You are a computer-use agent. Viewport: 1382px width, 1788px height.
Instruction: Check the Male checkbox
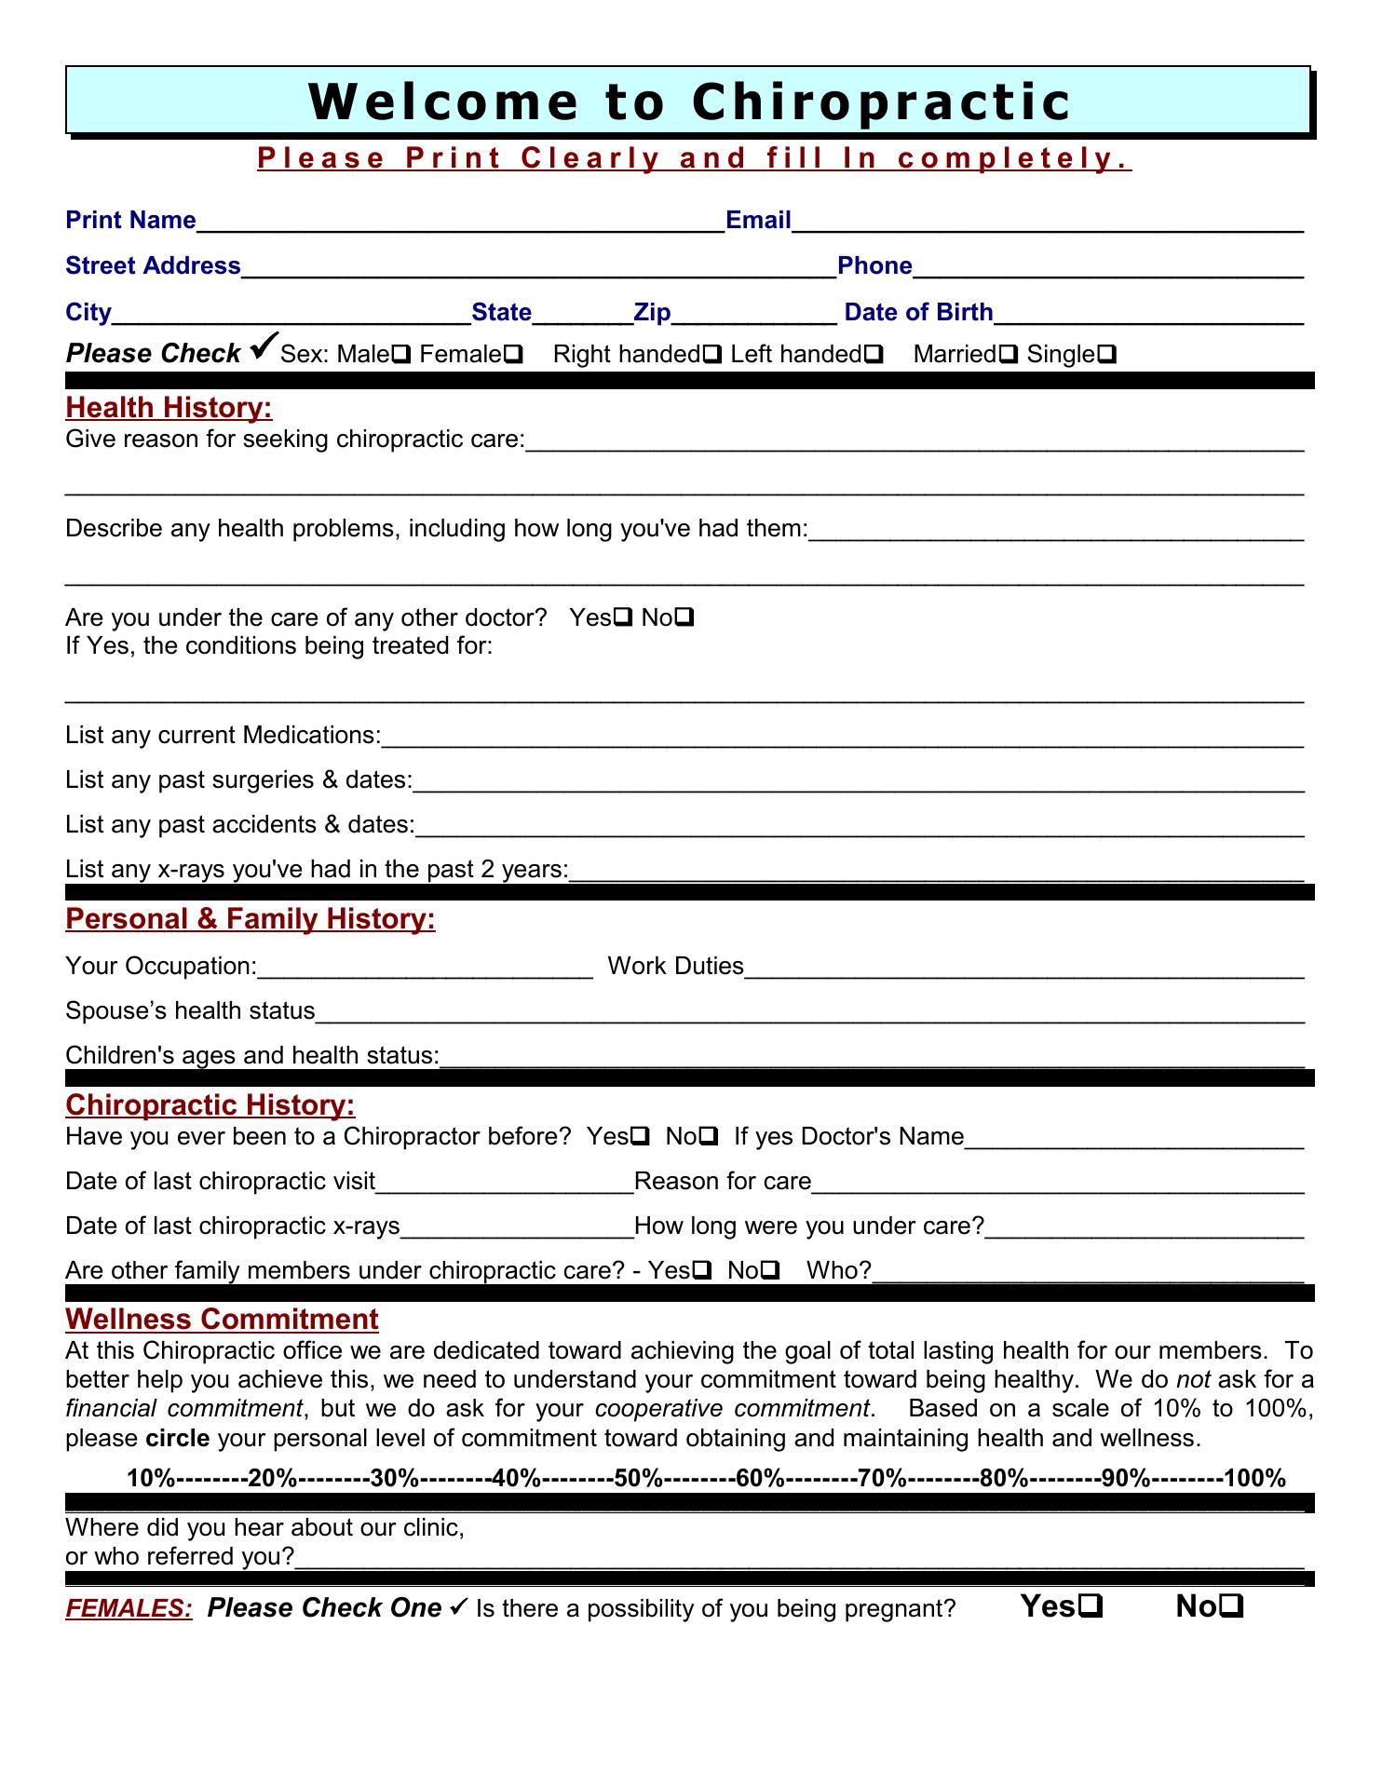point(403,355)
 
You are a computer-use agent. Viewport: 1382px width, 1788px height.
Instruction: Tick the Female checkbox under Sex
point(513,355)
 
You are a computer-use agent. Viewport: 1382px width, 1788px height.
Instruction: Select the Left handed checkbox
point(874,355)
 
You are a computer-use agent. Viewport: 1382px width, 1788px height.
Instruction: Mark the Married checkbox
point(1008,355)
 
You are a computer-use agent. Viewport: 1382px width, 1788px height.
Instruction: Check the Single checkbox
point(1108,355)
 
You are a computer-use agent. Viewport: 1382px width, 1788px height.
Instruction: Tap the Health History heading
point(169,408)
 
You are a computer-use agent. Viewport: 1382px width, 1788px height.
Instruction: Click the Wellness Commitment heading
point(222,1319)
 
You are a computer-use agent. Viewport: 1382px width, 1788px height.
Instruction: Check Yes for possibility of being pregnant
point(1092,1606)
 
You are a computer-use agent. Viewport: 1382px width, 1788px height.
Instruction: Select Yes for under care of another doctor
point(624,617)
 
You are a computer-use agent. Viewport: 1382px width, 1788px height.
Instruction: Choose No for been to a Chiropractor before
point(709,1136)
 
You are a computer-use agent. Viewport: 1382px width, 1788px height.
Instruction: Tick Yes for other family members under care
point(703,1270)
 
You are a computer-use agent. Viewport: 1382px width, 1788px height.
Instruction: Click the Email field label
point(758,221)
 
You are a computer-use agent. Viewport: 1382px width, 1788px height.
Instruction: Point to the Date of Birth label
point(918,312)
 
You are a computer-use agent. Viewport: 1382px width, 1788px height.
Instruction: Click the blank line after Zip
point(753,314)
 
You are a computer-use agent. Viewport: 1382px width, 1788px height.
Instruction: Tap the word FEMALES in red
point(129,1608)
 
